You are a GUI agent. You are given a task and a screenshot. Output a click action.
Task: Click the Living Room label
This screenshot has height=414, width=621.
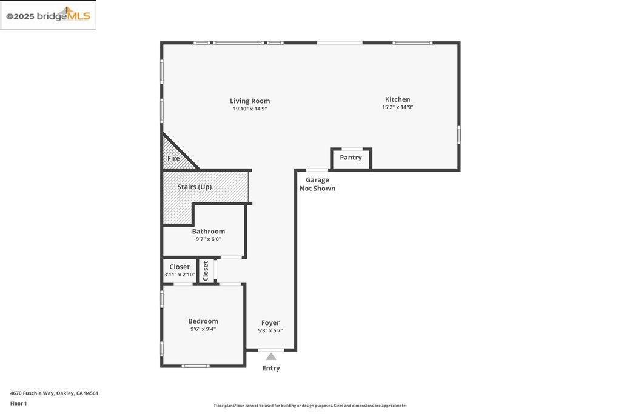[250, 101]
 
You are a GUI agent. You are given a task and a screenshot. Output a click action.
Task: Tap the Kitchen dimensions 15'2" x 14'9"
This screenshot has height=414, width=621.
[398, 107]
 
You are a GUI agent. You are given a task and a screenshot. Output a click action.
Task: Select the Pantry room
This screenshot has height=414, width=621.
[351, 159]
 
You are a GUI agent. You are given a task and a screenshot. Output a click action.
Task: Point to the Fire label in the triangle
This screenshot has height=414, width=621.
[173, 158]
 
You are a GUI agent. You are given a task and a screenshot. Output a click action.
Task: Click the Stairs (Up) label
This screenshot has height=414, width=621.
[195, 187]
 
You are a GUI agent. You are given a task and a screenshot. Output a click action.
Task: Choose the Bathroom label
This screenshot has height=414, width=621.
[209, 231]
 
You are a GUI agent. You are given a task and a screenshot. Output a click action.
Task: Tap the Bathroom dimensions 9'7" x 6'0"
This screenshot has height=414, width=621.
[209, 239]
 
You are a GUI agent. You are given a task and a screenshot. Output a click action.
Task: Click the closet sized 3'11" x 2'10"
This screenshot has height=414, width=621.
[180, 271]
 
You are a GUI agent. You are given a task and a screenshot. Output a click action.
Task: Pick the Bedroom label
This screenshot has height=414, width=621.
[203, 321]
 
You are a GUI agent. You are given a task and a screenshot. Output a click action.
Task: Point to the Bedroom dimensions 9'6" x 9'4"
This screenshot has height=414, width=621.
[203, 329]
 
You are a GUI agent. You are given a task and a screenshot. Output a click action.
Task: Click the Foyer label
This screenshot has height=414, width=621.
[270, 323]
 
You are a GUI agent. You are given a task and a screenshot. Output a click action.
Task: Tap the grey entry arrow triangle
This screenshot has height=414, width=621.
[271, 356]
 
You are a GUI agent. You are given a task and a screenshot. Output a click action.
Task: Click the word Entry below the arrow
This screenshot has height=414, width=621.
[271, 368]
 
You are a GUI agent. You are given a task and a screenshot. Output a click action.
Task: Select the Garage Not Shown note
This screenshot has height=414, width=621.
[317, 184]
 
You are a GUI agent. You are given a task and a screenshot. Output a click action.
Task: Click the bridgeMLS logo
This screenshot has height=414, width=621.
[49, 16]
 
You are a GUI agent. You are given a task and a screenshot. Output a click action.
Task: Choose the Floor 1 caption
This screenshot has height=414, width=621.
[19, 404]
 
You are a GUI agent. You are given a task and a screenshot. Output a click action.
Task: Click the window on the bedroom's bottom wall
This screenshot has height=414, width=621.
[195, 366]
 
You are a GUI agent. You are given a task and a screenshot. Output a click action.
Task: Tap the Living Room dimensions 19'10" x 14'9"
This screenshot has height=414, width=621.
[250, 109]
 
